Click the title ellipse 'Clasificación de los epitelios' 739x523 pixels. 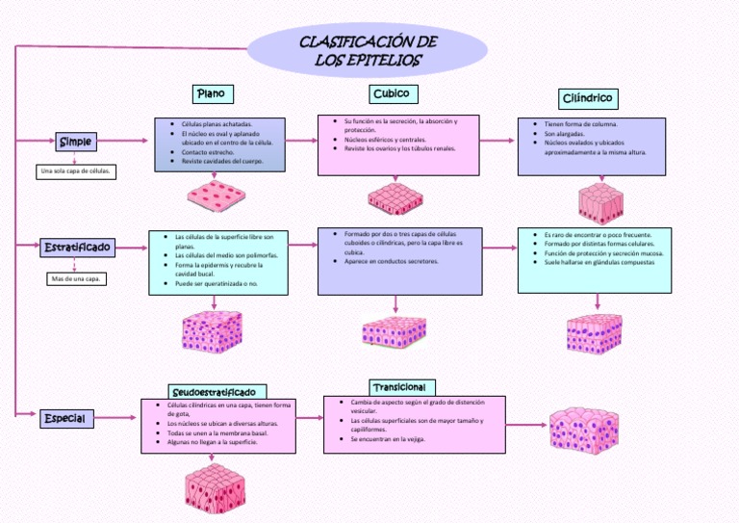coord(369,51)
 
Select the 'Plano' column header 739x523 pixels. coord(211,93)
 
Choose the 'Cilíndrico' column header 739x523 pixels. coord(587,98)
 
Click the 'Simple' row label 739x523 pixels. coord(76,142)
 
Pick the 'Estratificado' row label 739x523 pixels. coord(78,248)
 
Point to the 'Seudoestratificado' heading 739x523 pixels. coord(214,392)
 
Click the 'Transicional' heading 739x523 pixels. coord(397,386)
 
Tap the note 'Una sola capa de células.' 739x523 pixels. coord(76,171)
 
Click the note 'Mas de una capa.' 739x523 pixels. coord(76,279)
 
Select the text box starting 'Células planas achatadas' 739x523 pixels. coord(220,144)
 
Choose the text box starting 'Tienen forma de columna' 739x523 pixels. coord(595,146)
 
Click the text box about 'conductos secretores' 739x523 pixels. coord(399,260)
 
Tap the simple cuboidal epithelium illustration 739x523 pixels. coord(395,199)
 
